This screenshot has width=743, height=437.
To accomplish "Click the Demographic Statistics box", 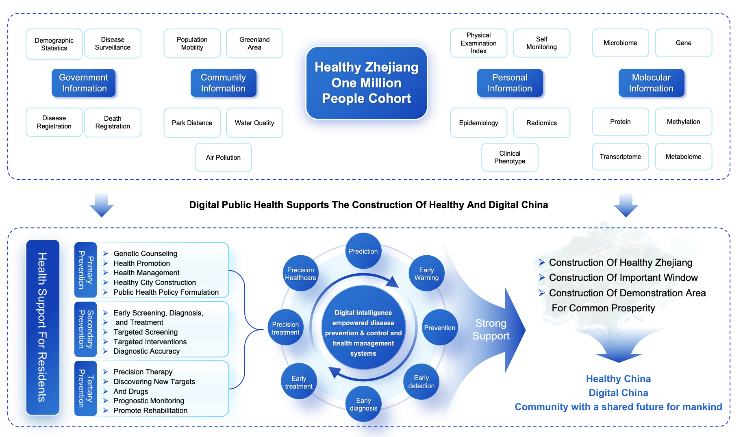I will [x=54, y=44].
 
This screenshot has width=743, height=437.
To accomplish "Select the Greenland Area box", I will [x=254, y=43].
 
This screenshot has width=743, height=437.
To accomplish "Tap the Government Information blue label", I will [x=84, y=83].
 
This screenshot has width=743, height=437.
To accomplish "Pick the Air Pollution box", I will [x=223, y=157].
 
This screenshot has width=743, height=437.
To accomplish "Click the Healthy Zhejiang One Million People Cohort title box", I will [x=366, y=83].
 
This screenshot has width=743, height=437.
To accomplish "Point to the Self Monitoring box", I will [x=541, y=43].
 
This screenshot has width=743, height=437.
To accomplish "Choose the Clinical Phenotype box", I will [x=510, y=157].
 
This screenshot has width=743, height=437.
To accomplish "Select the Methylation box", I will [x=683, y=122].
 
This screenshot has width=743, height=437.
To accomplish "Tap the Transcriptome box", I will [x=620, y=157].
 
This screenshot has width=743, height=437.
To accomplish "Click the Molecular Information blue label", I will [x=651, y=83].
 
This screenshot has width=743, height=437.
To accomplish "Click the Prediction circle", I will [x=363, y=251].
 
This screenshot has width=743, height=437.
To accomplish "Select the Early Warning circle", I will [x=426, y=274].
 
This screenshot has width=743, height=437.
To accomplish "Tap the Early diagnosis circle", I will [x=363, y=404].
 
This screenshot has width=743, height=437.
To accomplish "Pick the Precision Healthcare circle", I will [x=300, y=274].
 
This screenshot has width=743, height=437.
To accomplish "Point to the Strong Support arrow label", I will [x=491, y=330].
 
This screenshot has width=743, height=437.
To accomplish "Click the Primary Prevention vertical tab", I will [x=86, y=270].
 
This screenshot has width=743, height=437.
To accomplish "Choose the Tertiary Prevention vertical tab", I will [x=86, y=388].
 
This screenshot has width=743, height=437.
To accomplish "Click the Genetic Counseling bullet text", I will [x=145, y=254].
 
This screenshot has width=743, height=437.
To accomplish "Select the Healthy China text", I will [x=618, y=379].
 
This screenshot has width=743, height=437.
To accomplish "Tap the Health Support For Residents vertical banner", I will [x=43, y=327].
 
